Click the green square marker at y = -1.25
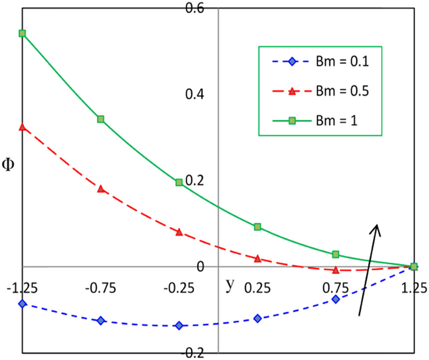22,33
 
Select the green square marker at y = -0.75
101,119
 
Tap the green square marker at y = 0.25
257,227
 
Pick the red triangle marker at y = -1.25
22,127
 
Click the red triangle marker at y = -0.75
101,189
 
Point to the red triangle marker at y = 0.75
336,270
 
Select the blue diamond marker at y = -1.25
22,304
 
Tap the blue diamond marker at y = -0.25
179,326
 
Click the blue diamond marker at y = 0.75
336,299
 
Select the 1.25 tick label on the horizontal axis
414,289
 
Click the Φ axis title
9,165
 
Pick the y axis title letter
230,285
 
